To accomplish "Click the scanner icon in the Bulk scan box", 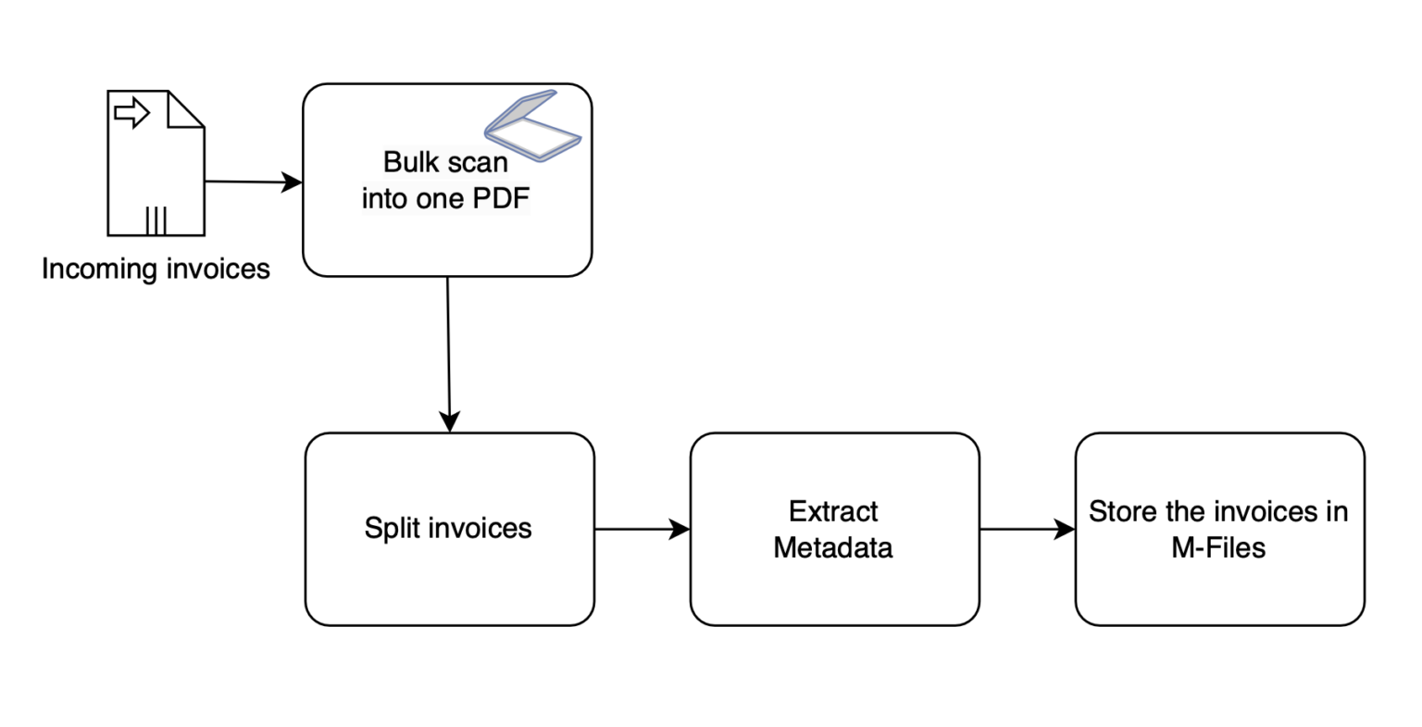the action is pos(532,126).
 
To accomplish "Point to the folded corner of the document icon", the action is pos(186,109).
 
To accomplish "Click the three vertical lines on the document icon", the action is pos(156,220).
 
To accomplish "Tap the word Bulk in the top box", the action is pos(411,162).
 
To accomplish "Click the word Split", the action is pos(391,528).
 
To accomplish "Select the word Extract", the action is pos(833,511).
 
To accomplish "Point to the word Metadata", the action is pos(833,547).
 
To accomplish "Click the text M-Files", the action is pos(1218,547).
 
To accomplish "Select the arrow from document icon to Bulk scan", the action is pos(254,182).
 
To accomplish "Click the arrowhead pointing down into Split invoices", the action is pos(449,421).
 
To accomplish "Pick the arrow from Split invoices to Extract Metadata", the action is pos(642,529).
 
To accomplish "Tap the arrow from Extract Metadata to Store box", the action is pos(1028,529).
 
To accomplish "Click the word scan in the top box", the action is pos(478,162).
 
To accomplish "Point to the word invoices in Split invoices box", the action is pos(480,528).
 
